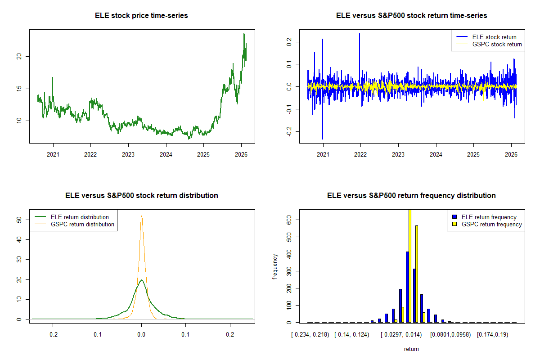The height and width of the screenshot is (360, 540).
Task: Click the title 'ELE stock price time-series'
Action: pos(141,16)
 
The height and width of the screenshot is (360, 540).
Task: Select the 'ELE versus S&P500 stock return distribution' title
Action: pos(141,196)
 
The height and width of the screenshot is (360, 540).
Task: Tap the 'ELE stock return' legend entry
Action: pos(494,37)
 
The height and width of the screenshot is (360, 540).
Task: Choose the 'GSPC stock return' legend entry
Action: pos(497,44)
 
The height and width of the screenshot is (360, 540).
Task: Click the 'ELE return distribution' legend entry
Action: pos(80,217)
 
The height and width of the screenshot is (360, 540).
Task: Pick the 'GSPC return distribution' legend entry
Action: pos(82,224)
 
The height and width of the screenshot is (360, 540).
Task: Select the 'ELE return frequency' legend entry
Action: pos(489,217)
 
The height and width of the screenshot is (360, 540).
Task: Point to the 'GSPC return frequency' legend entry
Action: pos(491,224)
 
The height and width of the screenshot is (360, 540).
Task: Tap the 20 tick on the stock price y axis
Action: pos(19,56)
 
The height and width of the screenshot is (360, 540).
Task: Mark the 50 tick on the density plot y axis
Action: pos(19,220)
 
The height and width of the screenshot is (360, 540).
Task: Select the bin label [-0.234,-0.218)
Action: pos(310,335)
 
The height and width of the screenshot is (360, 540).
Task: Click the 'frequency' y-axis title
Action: pos(275,266)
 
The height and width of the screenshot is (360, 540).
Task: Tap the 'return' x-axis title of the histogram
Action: pos(411,349)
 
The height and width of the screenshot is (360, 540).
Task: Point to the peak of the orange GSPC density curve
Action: pos(142,216)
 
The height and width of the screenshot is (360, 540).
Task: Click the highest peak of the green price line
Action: pos(244,34)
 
